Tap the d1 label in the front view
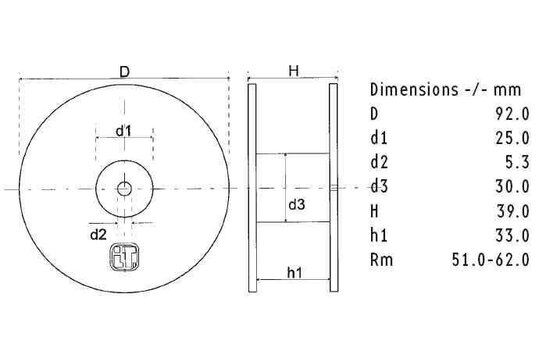(x=124, y=131)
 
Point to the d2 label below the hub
(x=98, y=235)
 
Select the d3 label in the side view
(x=297, y=205)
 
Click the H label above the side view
(x=294, y=71)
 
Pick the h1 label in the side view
(x=296, y=271)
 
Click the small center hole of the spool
(x=124, y=187)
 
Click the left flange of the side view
(x=253, y=187)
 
